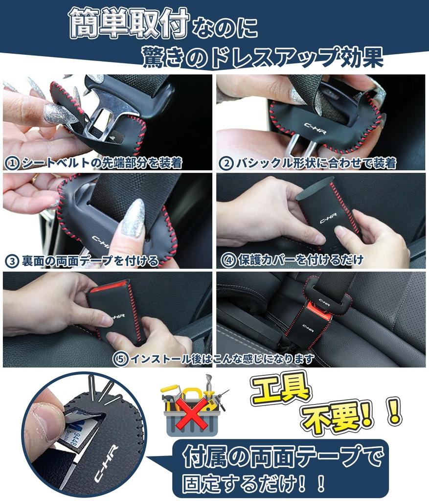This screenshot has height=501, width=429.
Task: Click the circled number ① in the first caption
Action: [x=11, y=163]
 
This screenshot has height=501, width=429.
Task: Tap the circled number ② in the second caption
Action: [x=226, y=163]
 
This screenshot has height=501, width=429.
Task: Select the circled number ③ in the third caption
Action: [x=11, y=261]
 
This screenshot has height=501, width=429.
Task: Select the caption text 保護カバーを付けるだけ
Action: [x=301, y=260]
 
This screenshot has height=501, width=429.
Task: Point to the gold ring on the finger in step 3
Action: [x=35, y=179]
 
